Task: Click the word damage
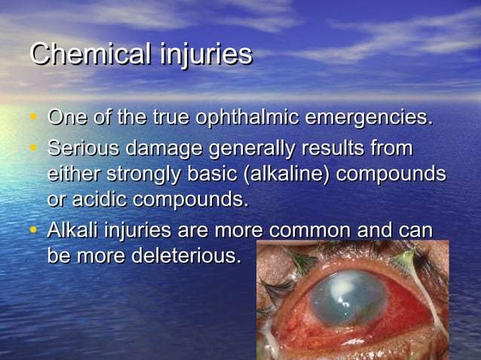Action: (x=167, y=147)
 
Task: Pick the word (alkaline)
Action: (x=287, y=174)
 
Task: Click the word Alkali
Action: (x=72, y=229)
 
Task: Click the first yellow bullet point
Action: (x=33, y=118)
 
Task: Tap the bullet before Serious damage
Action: (x=33, y=146)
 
